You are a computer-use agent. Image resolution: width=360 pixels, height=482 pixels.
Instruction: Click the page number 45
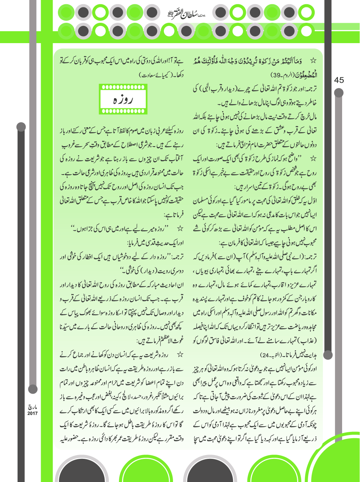(x=339, y=80)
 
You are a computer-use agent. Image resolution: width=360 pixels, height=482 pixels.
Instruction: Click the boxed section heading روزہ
(x=123, y=100)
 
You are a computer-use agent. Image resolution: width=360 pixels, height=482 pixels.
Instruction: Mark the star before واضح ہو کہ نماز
(x=313, y=159)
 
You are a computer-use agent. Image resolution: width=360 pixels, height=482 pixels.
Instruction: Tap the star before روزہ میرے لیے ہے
(x=180, y=229)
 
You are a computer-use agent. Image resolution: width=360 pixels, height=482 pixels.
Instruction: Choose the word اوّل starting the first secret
(x=311, y=201)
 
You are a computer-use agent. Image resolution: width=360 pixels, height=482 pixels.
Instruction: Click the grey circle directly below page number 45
(x=339, y=93)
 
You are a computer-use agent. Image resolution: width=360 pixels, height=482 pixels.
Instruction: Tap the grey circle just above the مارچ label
(x=33, y=389)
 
